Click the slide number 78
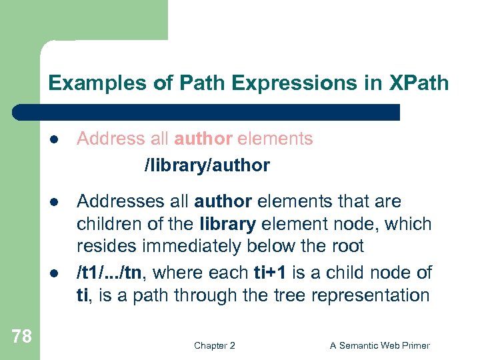tap(21, 336)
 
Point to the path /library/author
tap(207, 165)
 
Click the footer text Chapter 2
tap(215, 345)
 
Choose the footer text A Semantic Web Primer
tap(380, 345)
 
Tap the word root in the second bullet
tap(348, 246)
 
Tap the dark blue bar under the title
tap(220, 112)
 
